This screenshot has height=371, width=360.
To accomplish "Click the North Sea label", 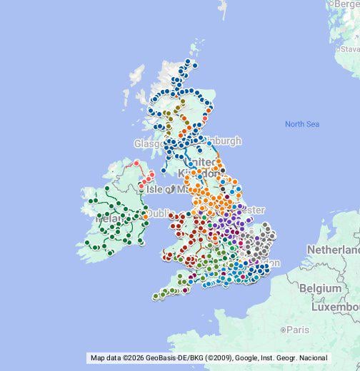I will [x=301, y=124].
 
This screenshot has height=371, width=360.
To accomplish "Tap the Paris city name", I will [x=296, y=330].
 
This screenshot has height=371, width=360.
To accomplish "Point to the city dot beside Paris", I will [x=284, y=330].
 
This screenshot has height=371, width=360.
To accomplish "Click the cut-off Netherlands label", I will [x=334, y=250].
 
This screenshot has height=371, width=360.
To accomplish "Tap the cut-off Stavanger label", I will [x=350, y=49].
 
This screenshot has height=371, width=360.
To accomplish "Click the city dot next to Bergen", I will [x=329, y=4].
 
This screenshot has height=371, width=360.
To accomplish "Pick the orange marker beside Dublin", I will [x=146, y=213].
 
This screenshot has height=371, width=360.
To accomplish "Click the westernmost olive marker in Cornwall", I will [x=156, y=296].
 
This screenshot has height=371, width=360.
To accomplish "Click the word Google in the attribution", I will [x=246, y=357].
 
